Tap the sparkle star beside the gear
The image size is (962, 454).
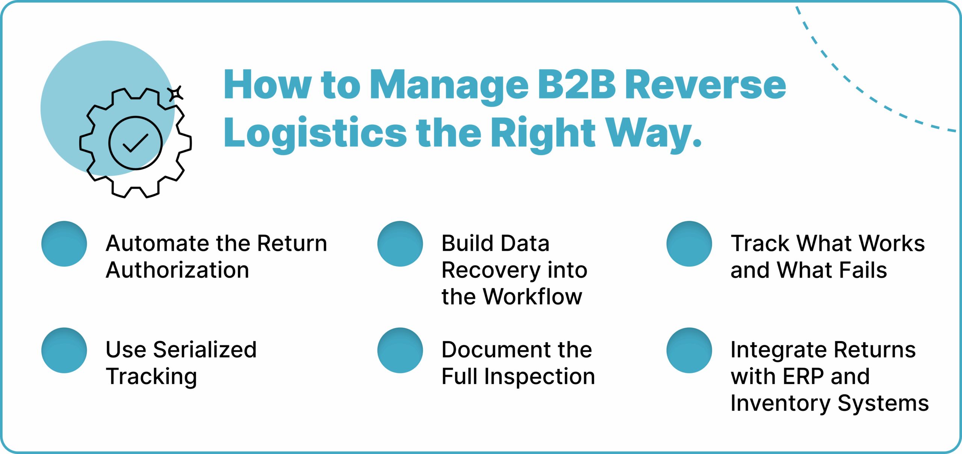[x=175, y=93]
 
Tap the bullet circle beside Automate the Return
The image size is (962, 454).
[x=64, y=244]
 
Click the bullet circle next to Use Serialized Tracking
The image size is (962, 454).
[x=64, y=350]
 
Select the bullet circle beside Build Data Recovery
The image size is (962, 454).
[x=400, y=244]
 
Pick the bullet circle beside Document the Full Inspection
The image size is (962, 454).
[x=400, y=350]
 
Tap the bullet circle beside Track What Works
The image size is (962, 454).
[x=689, y=244]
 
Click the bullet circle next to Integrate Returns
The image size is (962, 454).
[x=689, y=350]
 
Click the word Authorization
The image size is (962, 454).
[x=177, y=270]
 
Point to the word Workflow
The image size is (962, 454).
[x=532, y=297]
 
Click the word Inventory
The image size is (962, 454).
[x=780, y=404]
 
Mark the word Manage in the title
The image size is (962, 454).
[x=449, y=86]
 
